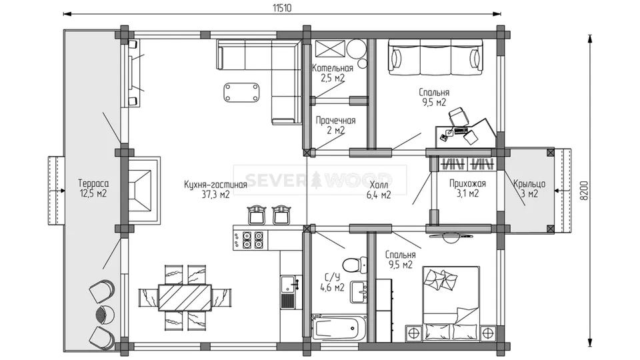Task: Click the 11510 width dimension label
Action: coord(282,8)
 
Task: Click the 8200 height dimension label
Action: coord(584,190)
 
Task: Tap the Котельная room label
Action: coord(333,68)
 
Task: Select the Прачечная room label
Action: coord(335,121)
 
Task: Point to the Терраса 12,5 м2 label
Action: coord(93,189)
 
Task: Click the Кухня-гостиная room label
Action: coord(215,185)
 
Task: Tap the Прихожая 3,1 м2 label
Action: coord(467,189)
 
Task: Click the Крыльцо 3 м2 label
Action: coord(529,189)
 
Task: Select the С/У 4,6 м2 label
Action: coord(332,283)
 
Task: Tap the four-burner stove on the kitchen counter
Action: coord(252,240)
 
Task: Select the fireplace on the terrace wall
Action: coord(143,190)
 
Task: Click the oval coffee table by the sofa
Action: coord(241,92)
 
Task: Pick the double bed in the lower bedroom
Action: coord(451,303)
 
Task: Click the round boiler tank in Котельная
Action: coord(356,49)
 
